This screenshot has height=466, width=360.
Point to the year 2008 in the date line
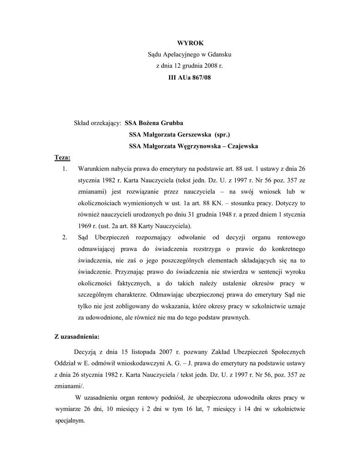click(211, 66)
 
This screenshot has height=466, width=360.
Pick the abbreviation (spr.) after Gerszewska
click(222, 135)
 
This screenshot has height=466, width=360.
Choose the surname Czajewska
click(243, 147)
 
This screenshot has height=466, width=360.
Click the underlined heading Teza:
click(63, 158)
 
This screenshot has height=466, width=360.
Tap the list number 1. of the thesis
click(65, 169)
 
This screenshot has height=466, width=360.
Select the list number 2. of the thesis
click(65, 238)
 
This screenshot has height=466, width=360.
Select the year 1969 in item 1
click(85, 226)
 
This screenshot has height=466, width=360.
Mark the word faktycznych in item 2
click(124, 283)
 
